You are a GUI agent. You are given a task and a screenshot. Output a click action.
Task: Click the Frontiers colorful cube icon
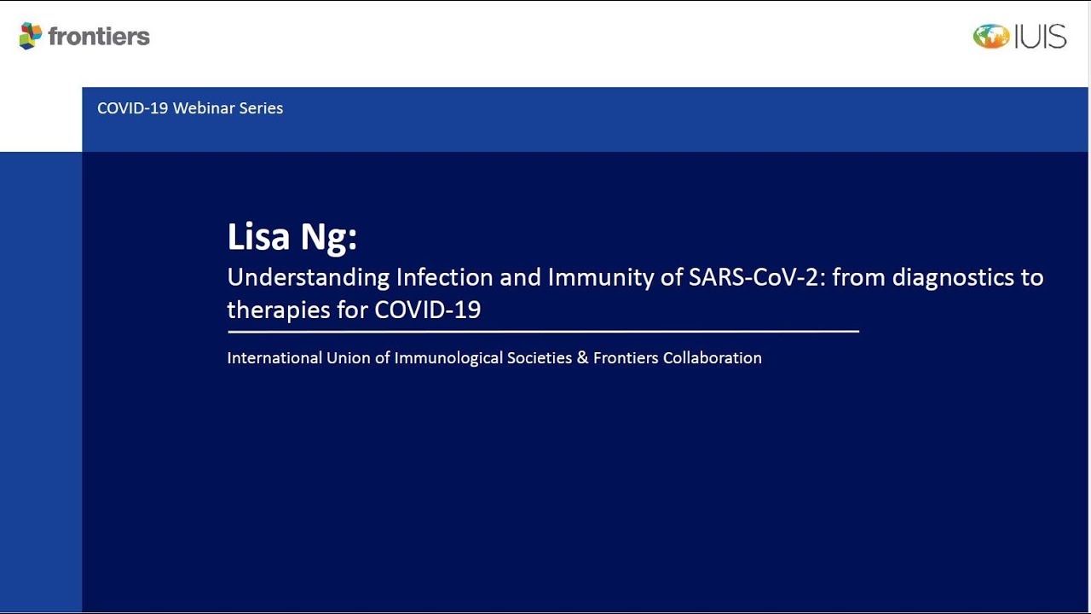[31, 36]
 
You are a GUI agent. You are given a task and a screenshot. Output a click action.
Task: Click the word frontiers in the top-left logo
[99, 37]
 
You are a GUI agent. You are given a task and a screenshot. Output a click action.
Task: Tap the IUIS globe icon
[991, 37]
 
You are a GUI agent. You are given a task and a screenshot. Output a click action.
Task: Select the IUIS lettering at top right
[1040, 37]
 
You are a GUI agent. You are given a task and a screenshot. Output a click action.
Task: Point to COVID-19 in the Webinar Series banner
[132, 108]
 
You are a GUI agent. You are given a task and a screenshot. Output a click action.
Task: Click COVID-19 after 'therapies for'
[427, 310]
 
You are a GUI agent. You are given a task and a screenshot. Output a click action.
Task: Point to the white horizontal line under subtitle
[542, 331]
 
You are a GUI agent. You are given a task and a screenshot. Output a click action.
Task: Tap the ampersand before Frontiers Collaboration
[582, 358]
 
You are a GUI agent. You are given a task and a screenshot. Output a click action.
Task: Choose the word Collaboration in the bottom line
[712, 358]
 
